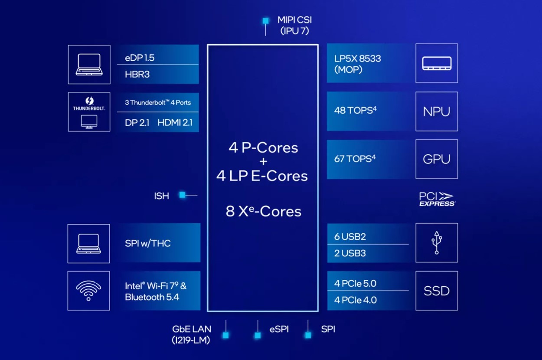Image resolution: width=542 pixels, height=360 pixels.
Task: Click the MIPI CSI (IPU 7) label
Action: click(294, 26)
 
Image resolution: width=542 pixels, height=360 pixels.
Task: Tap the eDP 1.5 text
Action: click(140, 58)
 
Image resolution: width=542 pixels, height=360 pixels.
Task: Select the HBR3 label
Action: click(137, 74)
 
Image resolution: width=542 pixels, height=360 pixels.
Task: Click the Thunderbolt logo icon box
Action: click(89, 111)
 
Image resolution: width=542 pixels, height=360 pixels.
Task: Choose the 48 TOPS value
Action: click(355, 110)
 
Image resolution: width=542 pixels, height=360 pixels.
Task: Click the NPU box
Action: click(436, 111)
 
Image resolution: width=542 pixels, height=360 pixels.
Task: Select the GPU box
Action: click(436, 159)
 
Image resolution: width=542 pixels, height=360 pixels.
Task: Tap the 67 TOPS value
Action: click(355, 158)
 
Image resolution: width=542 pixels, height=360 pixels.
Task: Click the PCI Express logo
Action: click(437, 199)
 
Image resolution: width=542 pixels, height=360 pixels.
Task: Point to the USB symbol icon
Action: click(437, 242)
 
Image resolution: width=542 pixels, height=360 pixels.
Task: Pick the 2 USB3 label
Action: click(350, 253)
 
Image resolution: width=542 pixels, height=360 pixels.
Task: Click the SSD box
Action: click(436, 291)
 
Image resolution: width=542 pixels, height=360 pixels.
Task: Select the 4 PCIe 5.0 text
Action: click(355, 283)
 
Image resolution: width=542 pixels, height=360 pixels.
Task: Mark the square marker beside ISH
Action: click(183, 195)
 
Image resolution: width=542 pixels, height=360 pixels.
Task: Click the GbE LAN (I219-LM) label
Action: click(191, 334)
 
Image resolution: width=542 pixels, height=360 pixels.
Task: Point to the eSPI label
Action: click(279, 329)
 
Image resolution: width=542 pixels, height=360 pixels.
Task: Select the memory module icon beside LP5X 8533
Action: click(436, 63)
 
